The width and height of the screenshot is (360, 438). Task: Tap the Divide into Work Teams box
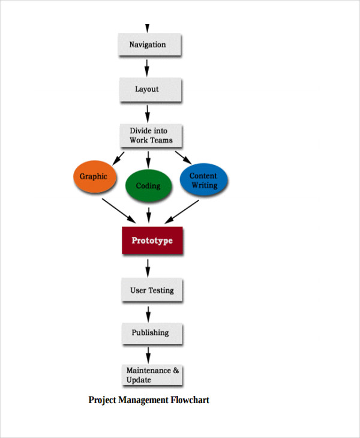coord(149,136)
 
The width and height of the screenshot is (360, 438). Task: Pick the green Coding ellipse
coord(148,186)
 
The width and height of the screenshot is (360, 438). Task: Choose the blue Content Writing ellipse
coord(204,180)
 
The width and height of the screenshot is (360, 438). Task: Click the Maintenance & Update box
coord(152,375)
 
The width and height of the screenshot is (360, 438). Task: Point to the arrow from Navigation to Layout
coord(148,67)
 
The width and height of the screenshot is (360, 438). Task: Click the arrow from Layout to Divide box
coord(148,112)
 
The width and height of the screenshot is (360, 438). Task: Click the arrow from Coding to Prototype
coord(148,214)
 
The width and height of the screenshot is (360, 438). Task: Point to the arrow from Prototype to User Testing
coord(148,266)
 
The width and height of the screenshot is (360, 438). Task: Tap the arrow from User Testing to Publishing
coord(148,313)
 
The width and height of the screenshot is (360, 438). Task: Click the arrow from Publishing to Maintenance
coord(148,355)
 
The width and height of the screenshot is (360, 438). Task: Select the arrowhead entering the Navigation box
coord(147,28)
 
